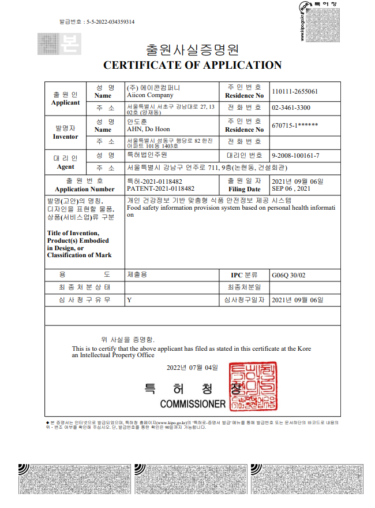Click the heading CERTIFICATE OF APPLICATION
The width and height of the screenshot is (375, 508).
pyautogui.click(x=192, y=65)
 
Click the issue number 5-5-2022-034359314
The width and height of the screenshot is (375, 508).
pyautogui.click(x=110, y=22)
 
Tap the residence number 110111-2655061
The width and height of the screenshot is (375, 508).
pyautogui.click(x=294, y=91)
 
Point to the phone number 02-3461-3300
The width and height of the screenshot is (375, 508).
pyautogui.click(x=291, y=108)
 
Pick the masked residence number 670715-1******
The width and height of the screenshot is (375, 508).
pyautogui.click(x=294, y=125)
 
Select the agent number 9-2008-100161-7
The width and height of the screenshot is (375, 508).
pyautogui.click(x=295, y=156)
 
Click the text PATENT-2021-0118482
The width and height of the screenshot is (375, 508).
pyautogui.click(x=160, y=189)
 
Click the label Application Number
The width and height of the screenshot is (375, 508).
pyautogui.click(x=85, y=189)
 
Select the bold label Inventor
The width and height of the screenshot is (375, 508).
pyautogui.click(x=66, y=137)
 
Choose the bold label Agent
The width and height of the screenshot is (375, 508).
pyautogui.click(x=66, y=166)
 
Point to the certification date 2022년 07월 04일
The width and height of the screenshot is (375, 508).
pyautogui.click(x=192, y=368)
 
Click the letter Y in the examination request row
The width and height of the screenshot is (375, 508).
pyautogui.click(x=129, y=300)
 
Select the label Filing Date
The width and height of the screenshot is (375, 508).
pyautogui.click(x=245, y=189)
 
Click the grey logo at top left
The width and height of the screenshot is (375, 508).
pyautogui.click(x=59, y=43)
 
